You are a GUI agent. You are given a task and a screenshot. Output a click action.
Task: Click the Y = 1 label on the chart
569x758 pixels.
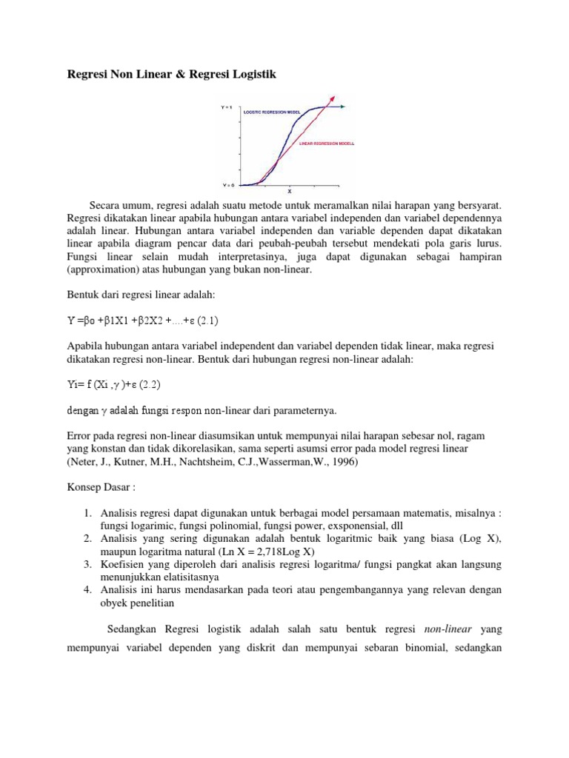(227, 108)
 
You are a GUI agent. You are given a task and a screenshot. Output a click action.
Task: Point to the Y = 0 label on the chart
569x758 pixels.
(227, 184)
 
